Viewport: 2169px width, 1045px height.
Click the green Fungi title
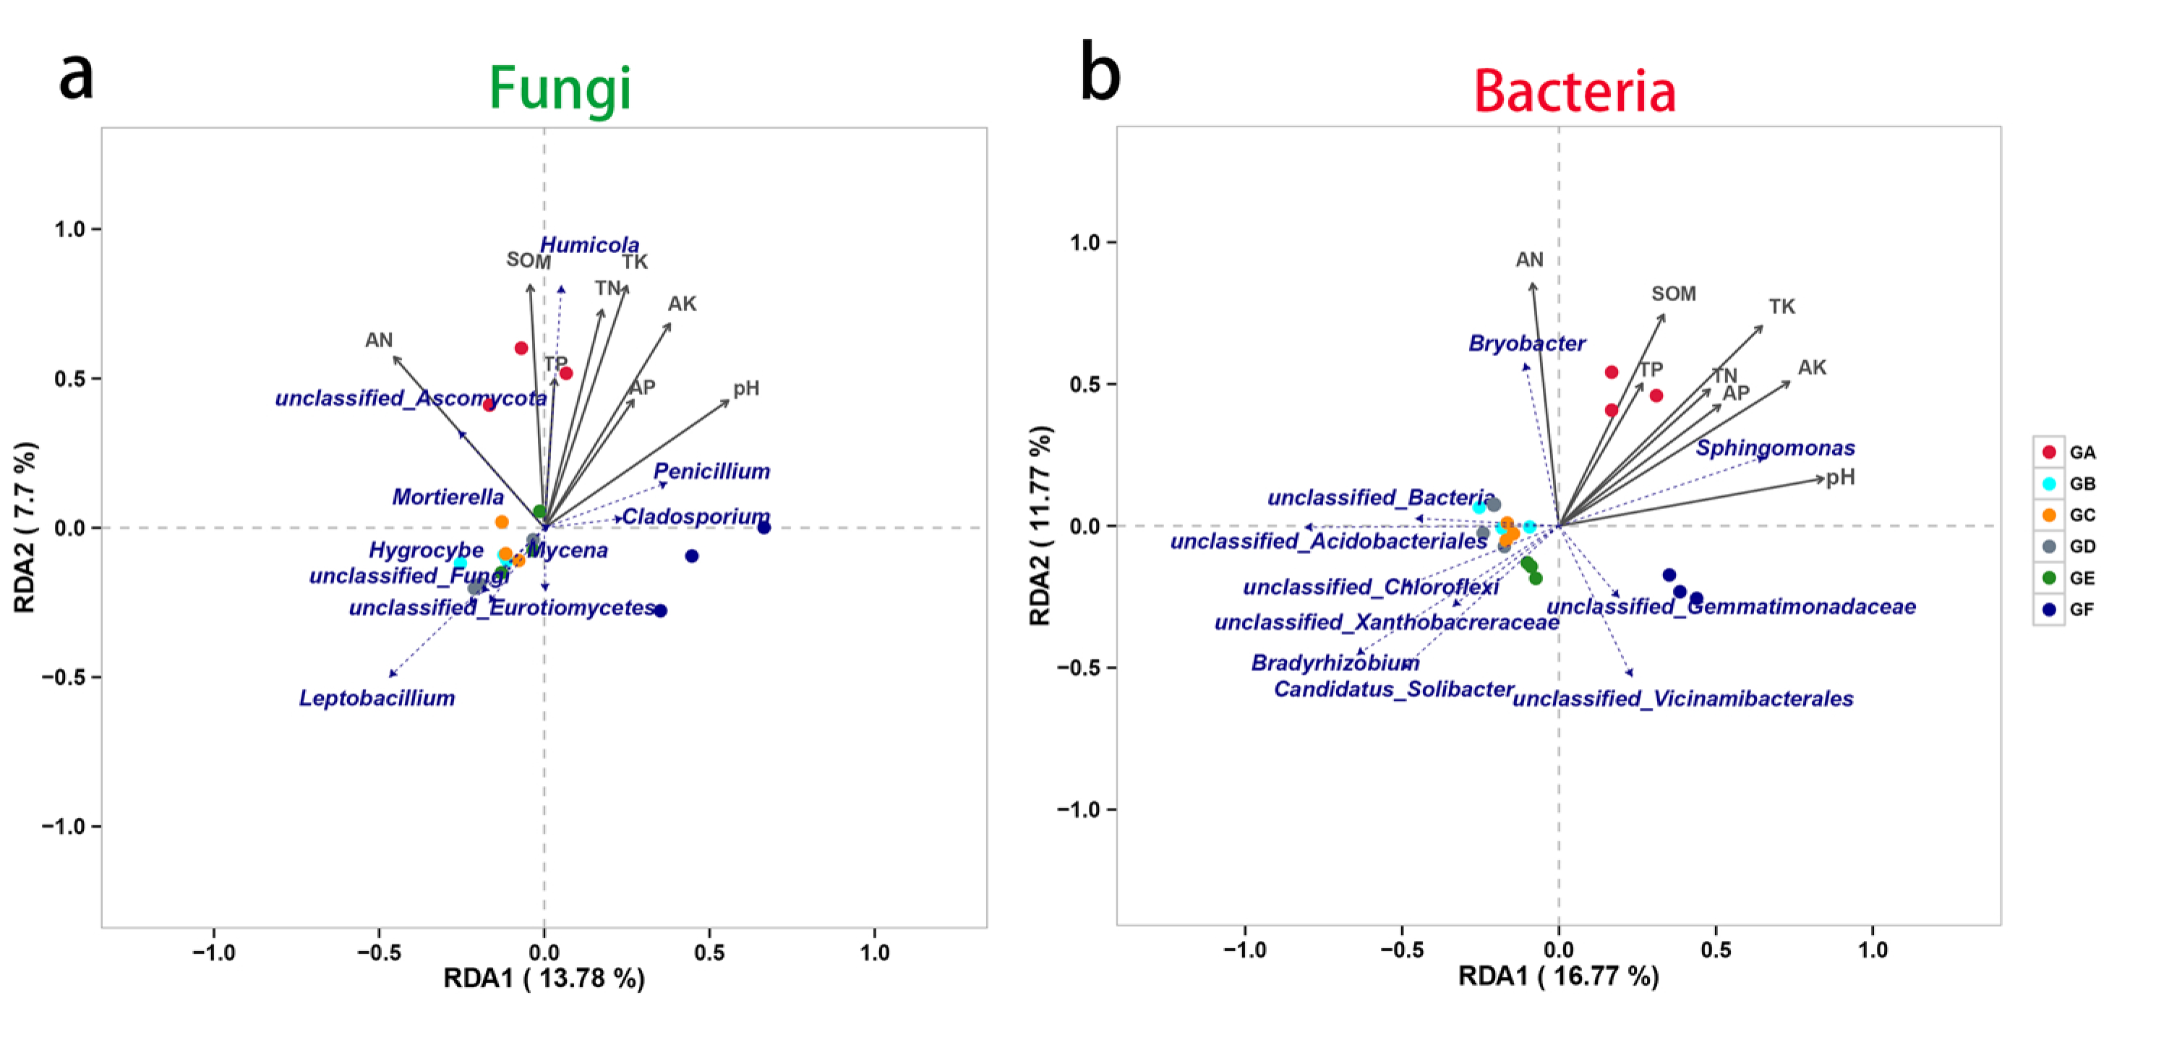560,88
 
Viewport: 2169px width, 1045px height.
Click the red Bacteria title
1574,91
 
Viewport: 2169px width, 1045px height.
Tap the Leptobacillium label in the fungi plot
377,698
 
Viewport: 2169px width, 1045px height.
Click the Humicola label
589,245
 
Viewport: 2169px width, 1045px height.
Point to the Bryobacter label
1526,344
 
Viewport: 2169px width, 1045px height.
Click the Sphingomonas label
1775,448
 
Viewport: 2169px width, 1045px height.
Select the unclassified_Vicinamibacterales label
1682,699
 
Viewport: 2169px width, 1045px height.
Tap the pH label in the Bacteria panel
1840,477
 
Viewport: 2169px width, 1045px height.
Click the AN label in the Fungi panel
378,340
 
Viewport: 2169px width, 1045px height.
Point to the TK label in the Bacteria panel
1781,307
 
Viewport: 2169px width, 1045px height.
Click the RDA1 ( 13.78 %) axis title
544,978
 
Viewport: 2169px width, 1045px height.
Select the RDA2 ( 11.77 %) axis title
1040,526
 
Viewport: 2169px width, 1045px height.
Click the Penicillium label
711,472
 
